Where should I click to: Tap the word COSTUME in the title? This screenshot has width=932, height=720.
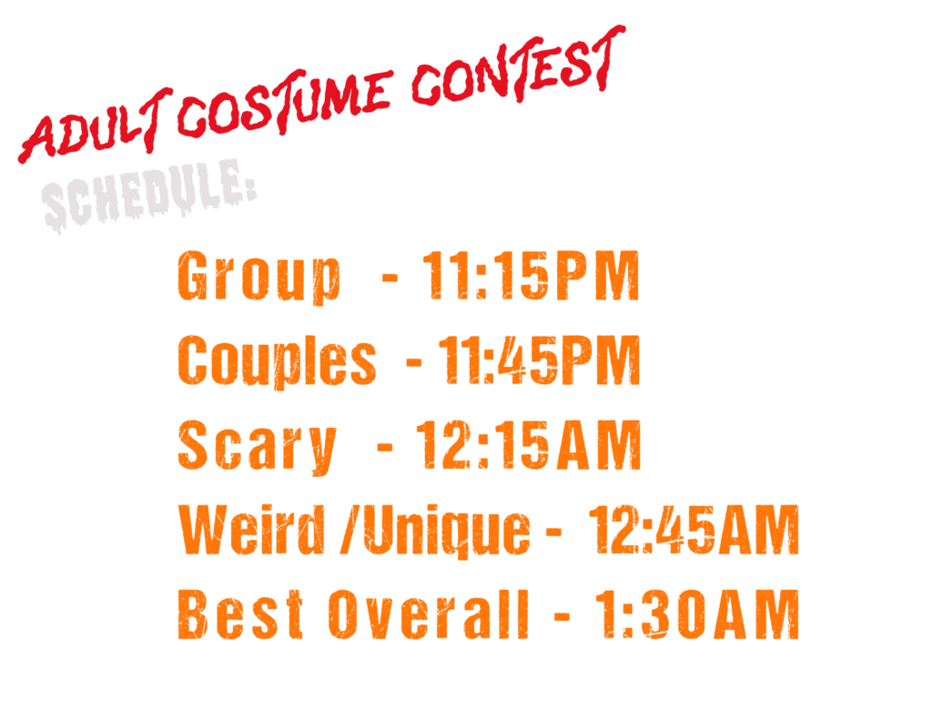(285, 102)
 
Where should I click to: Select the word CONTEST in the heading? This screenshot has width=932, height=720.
(518, 66)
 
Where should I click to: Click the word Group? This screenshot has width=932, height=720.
(259, 277)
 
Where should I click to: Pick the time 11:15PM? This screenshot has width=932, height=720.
(531, 275)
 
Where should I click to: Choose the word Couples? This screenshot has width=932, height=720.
(277, 360)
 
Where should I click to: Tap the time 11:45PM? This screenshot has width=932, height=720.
(539, 360)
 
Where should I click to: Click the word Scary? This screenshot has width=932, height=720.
(258, 447)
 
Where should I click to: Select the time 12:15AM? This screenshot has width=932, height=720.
(528, 445)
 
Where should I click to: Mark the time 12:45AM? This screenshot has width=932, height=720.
(694, 530)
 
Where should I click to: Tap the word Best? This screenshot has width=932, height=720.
(240, 614)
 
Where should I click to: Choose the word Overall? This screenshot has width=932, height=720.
(428, 614)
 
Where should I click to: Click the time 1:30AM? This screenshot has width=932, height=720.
(697, 614)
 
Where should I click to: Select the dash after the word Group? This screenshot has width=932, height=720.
(390, 277)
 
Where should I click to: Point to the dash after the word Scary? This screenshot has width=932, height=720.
(385, 447)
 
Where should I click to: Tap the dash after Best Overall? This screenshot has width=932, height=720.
(562, 615)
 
